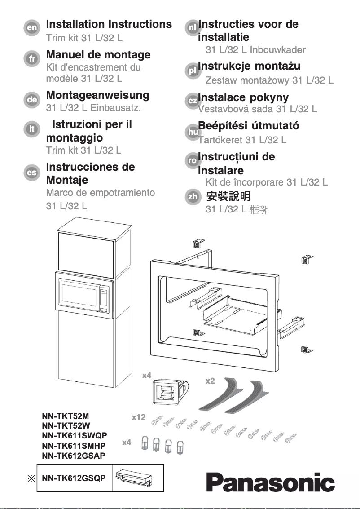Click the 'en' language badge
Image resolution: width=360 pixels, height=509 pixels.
point(32,28)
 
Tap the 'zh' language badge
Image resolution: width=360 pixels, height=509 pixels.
point(192,197)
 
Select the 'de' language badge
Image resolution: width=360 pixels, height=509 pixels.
point(32,100)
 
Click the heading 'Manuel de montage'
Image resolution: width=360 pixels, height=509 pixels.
point(98,55)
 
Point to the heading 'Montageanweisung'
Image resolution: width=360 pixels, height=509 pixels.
point(97,95)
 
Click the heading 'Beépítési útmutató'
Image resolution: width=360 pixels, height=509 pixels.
point(249,126)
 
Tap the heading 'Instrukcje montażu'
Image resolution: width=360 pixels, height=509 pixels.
point(250,66)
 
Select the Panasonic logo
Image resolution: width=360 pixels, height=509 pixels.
point(270,483)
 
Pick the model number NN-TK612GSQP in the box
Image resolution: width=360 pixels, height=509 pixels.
point(74,478)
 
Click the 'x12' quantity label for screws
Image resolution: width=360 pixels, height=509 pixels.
point(139,417)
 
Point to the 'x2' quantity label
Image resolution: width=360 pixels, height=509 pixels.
point(210,381)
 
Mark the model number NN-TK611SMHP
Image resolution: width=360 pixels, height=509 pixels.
point(74,446)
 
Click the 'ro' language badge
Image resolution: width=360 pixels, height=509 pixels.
point(192,160)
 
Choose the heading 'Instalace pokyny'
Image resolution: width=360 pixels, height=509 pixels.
point(244,97)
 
